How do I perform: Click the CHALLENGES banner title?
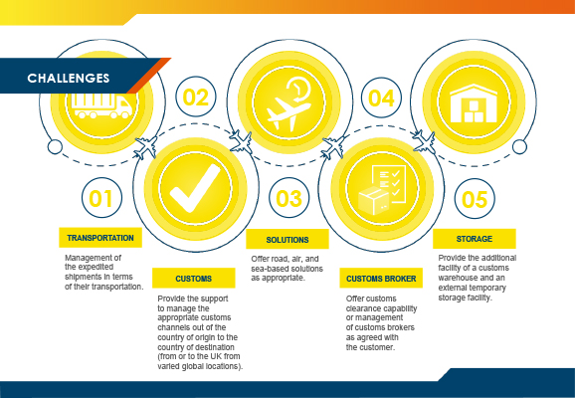(69, 79)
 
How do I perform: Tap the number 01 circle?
(101, 198)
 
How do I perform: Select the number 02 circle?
(196, 97)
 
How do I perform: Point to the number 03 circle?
(288, 198)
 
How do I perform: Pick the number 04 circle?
(381, 98)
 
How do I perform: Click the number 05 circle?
(475, 199)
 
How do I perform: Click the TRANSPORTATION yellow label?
(100, 238)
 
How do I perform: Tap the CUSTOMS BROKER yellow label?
(381, 279)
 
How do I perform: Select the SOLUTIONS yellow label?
(287, 240)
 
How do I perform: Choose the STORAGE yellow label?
(475, 239)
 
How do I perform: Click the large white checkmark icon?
(195, 188)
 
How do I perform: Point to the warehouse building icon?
(474, 103)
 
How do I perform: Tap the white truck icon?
(101, 106)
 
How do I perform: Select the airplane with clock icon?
(288, 103)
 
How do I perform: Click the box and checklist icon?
(382, 190)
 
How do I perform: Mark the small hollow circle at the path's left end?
(55, 147)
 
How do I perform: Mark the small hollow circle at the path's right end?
(519, 146)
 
